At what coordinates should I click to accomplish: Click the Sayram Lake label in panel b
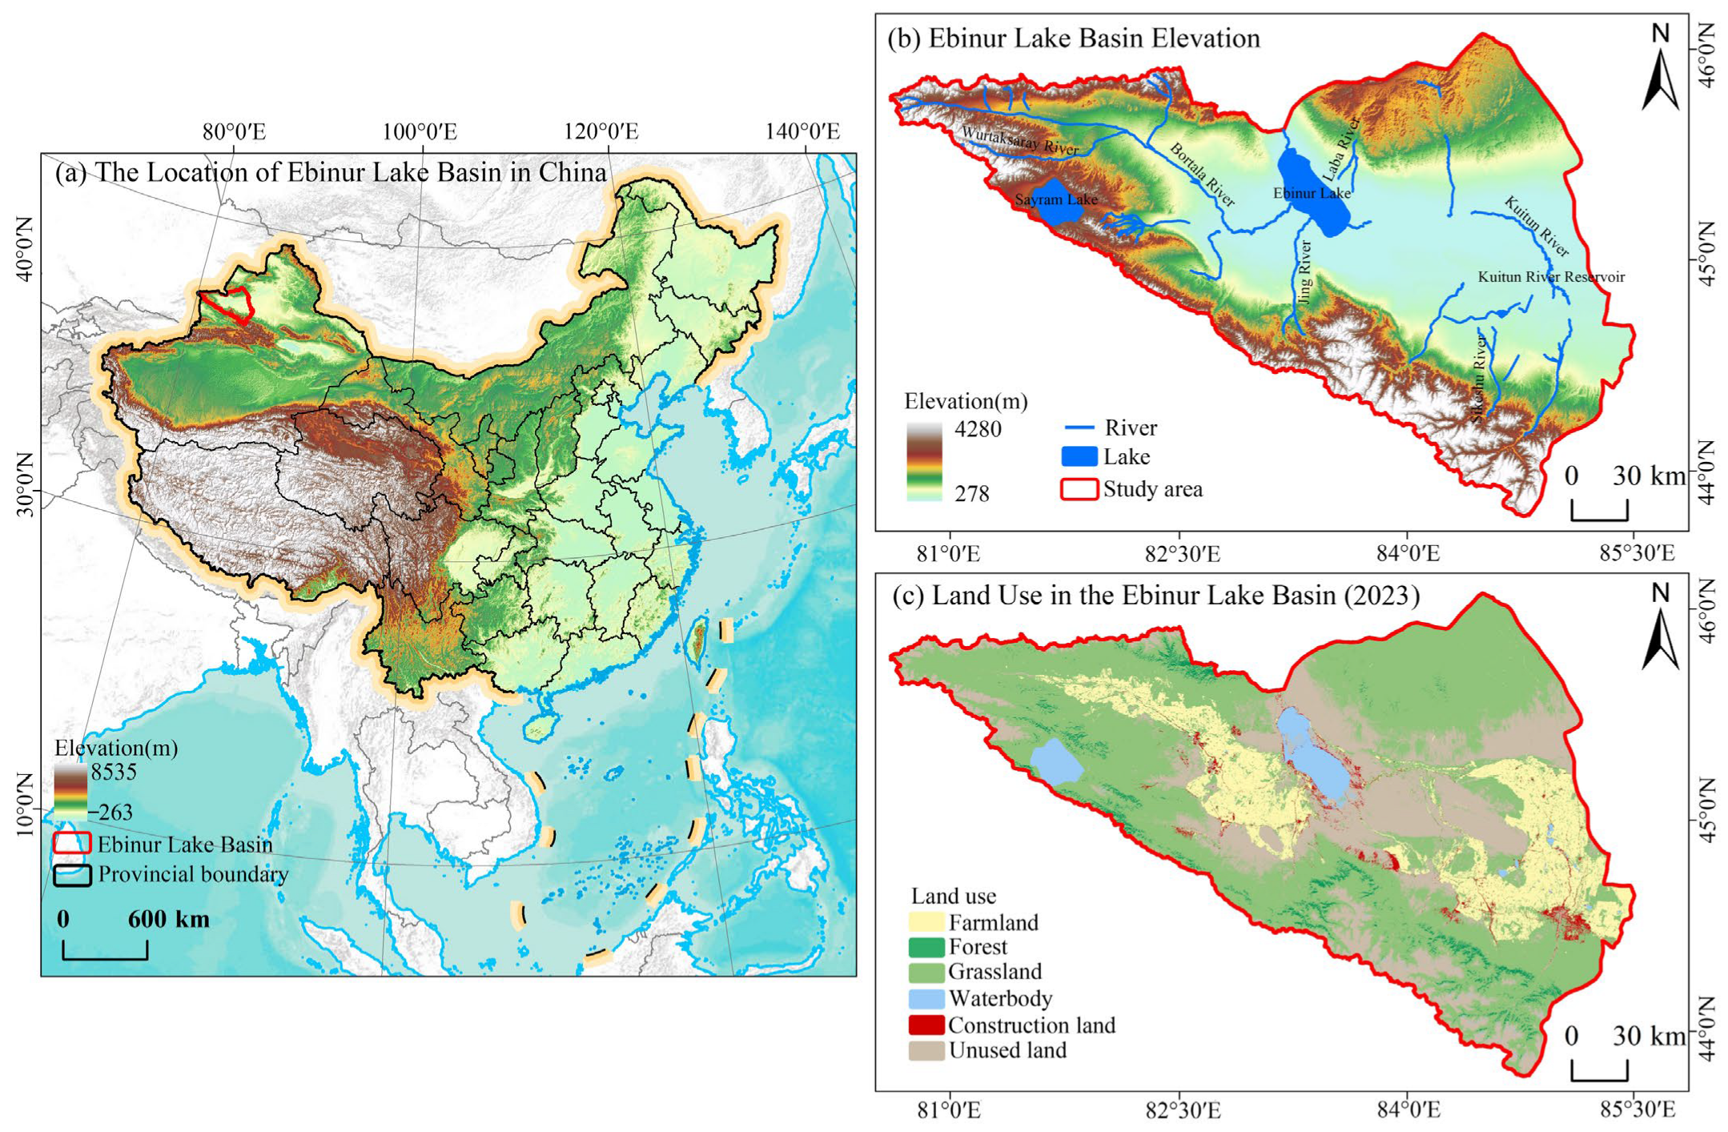pos(1055,199)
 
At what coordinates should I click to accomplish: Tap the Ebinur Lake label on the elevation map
pos(1311,193)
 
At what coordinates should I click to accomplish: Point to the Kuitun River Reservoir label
pos(1550,277)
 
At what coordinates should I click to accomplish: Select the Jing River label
pos(1304,272)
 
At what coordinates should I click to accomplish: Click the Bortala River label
pos(1202,175)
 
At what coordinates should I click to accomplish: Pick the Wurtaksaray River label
pos(1019,141)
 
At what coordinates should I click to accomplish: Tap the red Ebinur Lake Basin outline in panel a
pos(227,305)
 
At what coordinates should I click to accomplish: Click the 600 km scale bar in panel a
pos(105,949)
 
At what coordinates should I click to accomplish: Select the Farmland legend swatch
pos(926,922)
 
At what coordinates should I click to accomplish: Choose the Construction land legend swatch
pos(926,1025)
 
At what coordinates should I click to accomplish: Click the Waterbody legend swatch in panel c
pos(926,998)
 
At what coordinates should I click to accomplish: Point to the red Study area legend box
pos(1078,489)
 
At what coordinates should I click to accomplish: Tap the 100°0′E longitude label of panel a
pos(419,131)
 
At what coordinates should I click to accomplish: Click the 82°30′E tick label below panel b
pos(1182,553)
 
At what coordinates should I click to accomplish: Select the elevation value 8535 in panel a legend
pos(114,772)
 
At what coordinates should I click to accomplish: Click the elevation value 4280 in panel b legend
pos(977,429)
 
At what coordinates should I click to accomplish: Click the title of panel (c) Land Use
pos(1155,596)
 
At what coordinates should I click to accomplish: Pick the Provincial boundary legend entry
pos(192,874)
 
